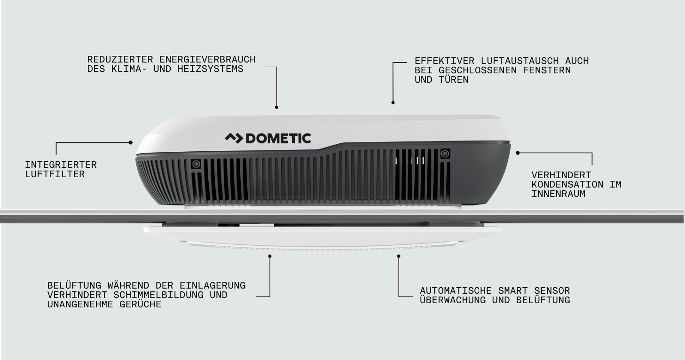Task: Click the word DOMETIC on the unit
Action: pyautogui.click(x=278, y=138)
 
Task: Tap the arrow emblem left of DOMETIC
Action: pyautogui.click(x=233, y=138)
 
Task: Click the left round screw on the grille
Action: pyautogui.click(x=196, y=164)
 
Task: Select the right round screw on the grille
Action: pyautogui.click(x=444, y=154)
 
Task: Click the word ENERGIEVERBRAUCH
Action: pyautogui.click(x=207, y=60)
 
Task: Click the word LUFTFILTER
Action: pyautogui.click(x=55, y=174)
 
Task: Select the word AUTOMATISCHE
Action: pyautogui.click(x=453, y=291)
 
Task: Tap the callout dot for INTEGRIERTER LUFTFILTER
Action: pyautogui.click(x=131, y=142)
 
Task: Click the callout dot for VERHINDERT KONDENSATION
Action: pyautogui.click(x=518, y=153)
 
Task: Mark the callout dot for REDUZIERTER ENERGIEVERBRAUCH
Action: pyautogui.click(x=276, y=107)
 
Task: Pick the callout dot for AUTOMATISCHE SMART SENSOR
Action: pyautogui.click(x=399, y=256)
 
